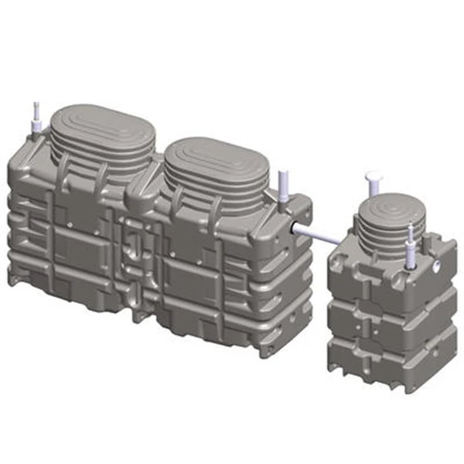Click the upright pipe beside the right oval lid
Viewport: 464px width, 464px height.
point(283,186)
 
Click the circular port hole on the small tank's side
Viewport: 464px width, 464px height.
point(438,265)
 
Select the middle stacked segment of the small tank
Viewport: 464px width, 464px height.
point(387,317)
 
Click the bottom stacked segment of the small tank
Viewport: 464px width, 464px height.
point(387,360)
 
